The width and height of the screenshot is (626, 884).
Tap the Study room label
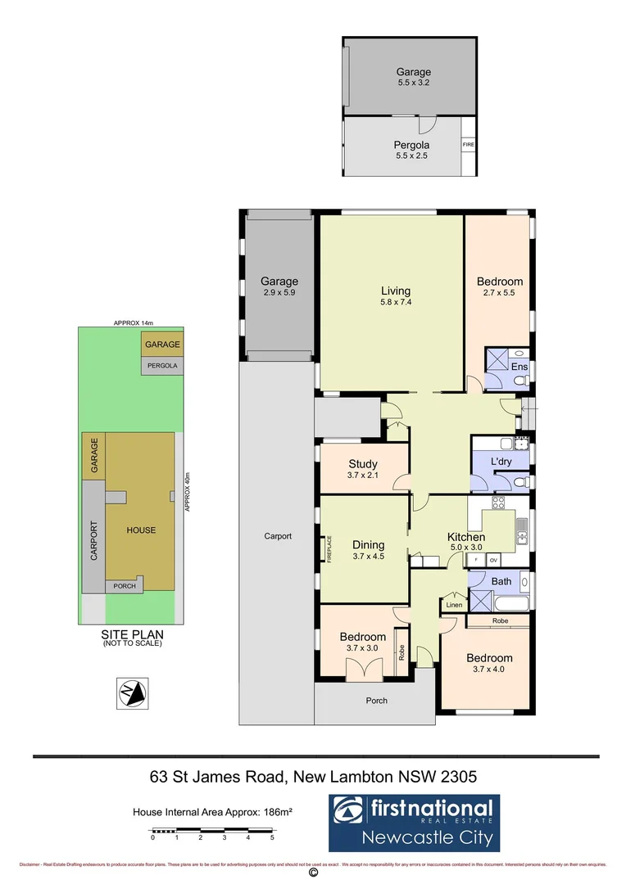click(362, 464)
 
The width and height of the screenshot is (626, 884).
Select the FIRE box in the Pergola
click(469, 145)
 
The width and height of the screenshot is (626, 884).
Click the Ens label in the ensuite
click(519, 367)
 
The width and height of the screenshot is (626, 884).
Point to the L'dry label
click(501, 462)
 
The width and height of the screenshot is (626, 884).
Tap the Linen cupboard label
click(453, 605)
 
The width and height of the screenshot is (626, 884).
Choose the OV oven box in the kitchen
click(493, 561)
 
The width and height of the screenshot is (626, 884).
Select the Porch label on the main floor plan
click(377, 701)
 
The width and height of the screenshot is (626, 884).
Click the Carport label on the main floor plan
click(278, 537)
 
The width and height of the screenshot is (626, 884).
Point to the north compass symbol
click(132, 693)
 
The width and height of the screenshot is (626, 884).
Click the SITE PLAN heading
click(132, 634)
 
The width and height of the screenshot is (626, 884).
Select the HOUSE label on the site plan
click(141, 530)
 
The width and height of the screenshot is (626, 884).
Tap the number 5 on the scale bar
click(272, 838)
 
